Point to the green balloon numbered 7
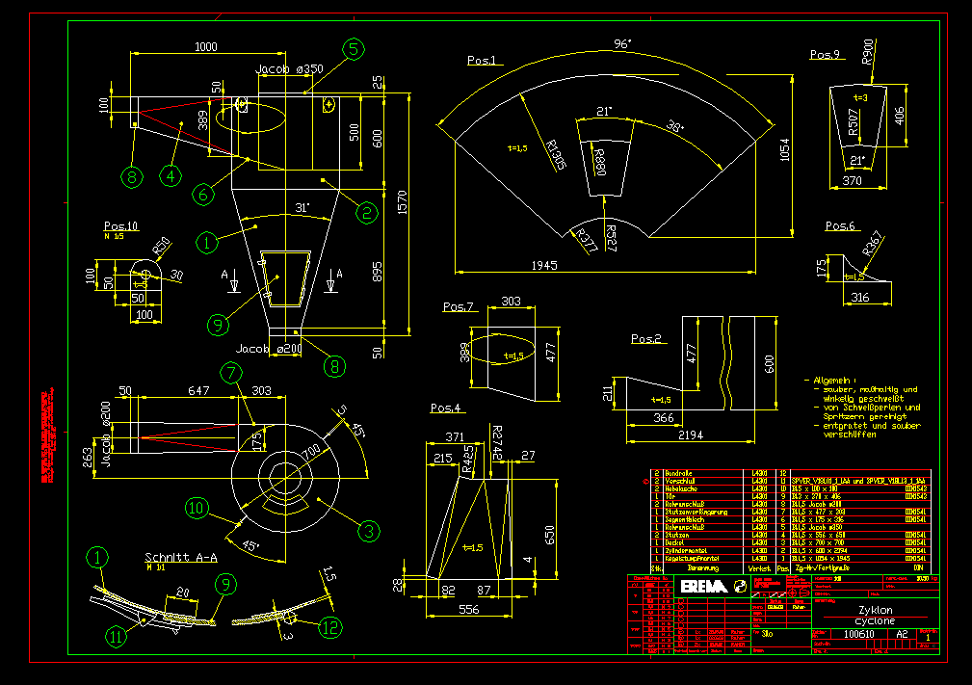coord(230,372)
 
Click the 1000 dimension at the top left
coord(205,46)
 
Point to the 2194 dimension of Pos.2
coord(691,435)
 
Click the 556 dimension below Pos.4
coord(468,610)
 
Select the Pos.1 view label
coord(482,61)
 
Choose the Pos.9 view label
coord(826,54)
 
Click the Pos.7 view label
coord(459,307)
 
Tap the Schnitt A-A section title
coord(181,557)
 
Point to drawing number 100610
coord(857,634)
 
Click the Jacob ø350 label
coord(288,69)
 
